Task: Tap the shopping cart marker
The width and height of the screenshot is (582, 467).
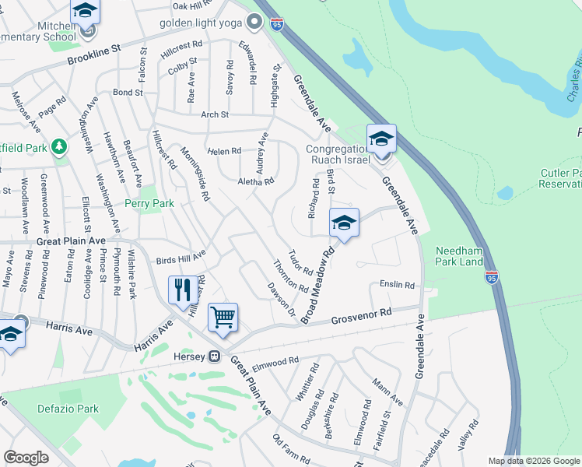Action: pos(223,317)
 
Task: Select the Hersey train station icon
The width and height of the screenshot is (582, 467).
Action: pos(214,357)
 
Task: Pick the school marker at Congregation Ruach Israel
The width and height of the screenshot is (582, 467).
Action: pos(381,140)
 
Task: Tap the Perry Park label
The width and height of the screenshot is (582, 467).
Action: pos(149,203)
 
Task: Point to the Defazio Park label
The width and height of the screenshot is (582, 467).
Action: pos(68,409)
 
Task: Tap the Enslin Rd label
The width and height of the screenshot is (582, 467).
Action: pos(397,285)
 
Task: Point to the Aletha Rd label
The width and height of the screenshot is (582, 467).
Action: pos(256,181)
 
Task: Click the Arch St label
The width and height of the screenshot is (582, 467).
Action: pos(214,114)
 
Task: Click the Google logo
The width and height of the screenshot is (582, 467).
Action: pos(26,458)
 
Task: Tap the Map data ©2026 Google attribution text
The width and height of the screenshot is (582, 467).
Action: pos(534,461)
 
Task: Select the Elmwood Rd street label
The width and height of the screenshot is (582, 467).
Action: pos(276,361)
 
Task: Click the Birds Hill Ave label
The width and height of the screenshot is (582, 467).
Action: pos(181,255)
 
